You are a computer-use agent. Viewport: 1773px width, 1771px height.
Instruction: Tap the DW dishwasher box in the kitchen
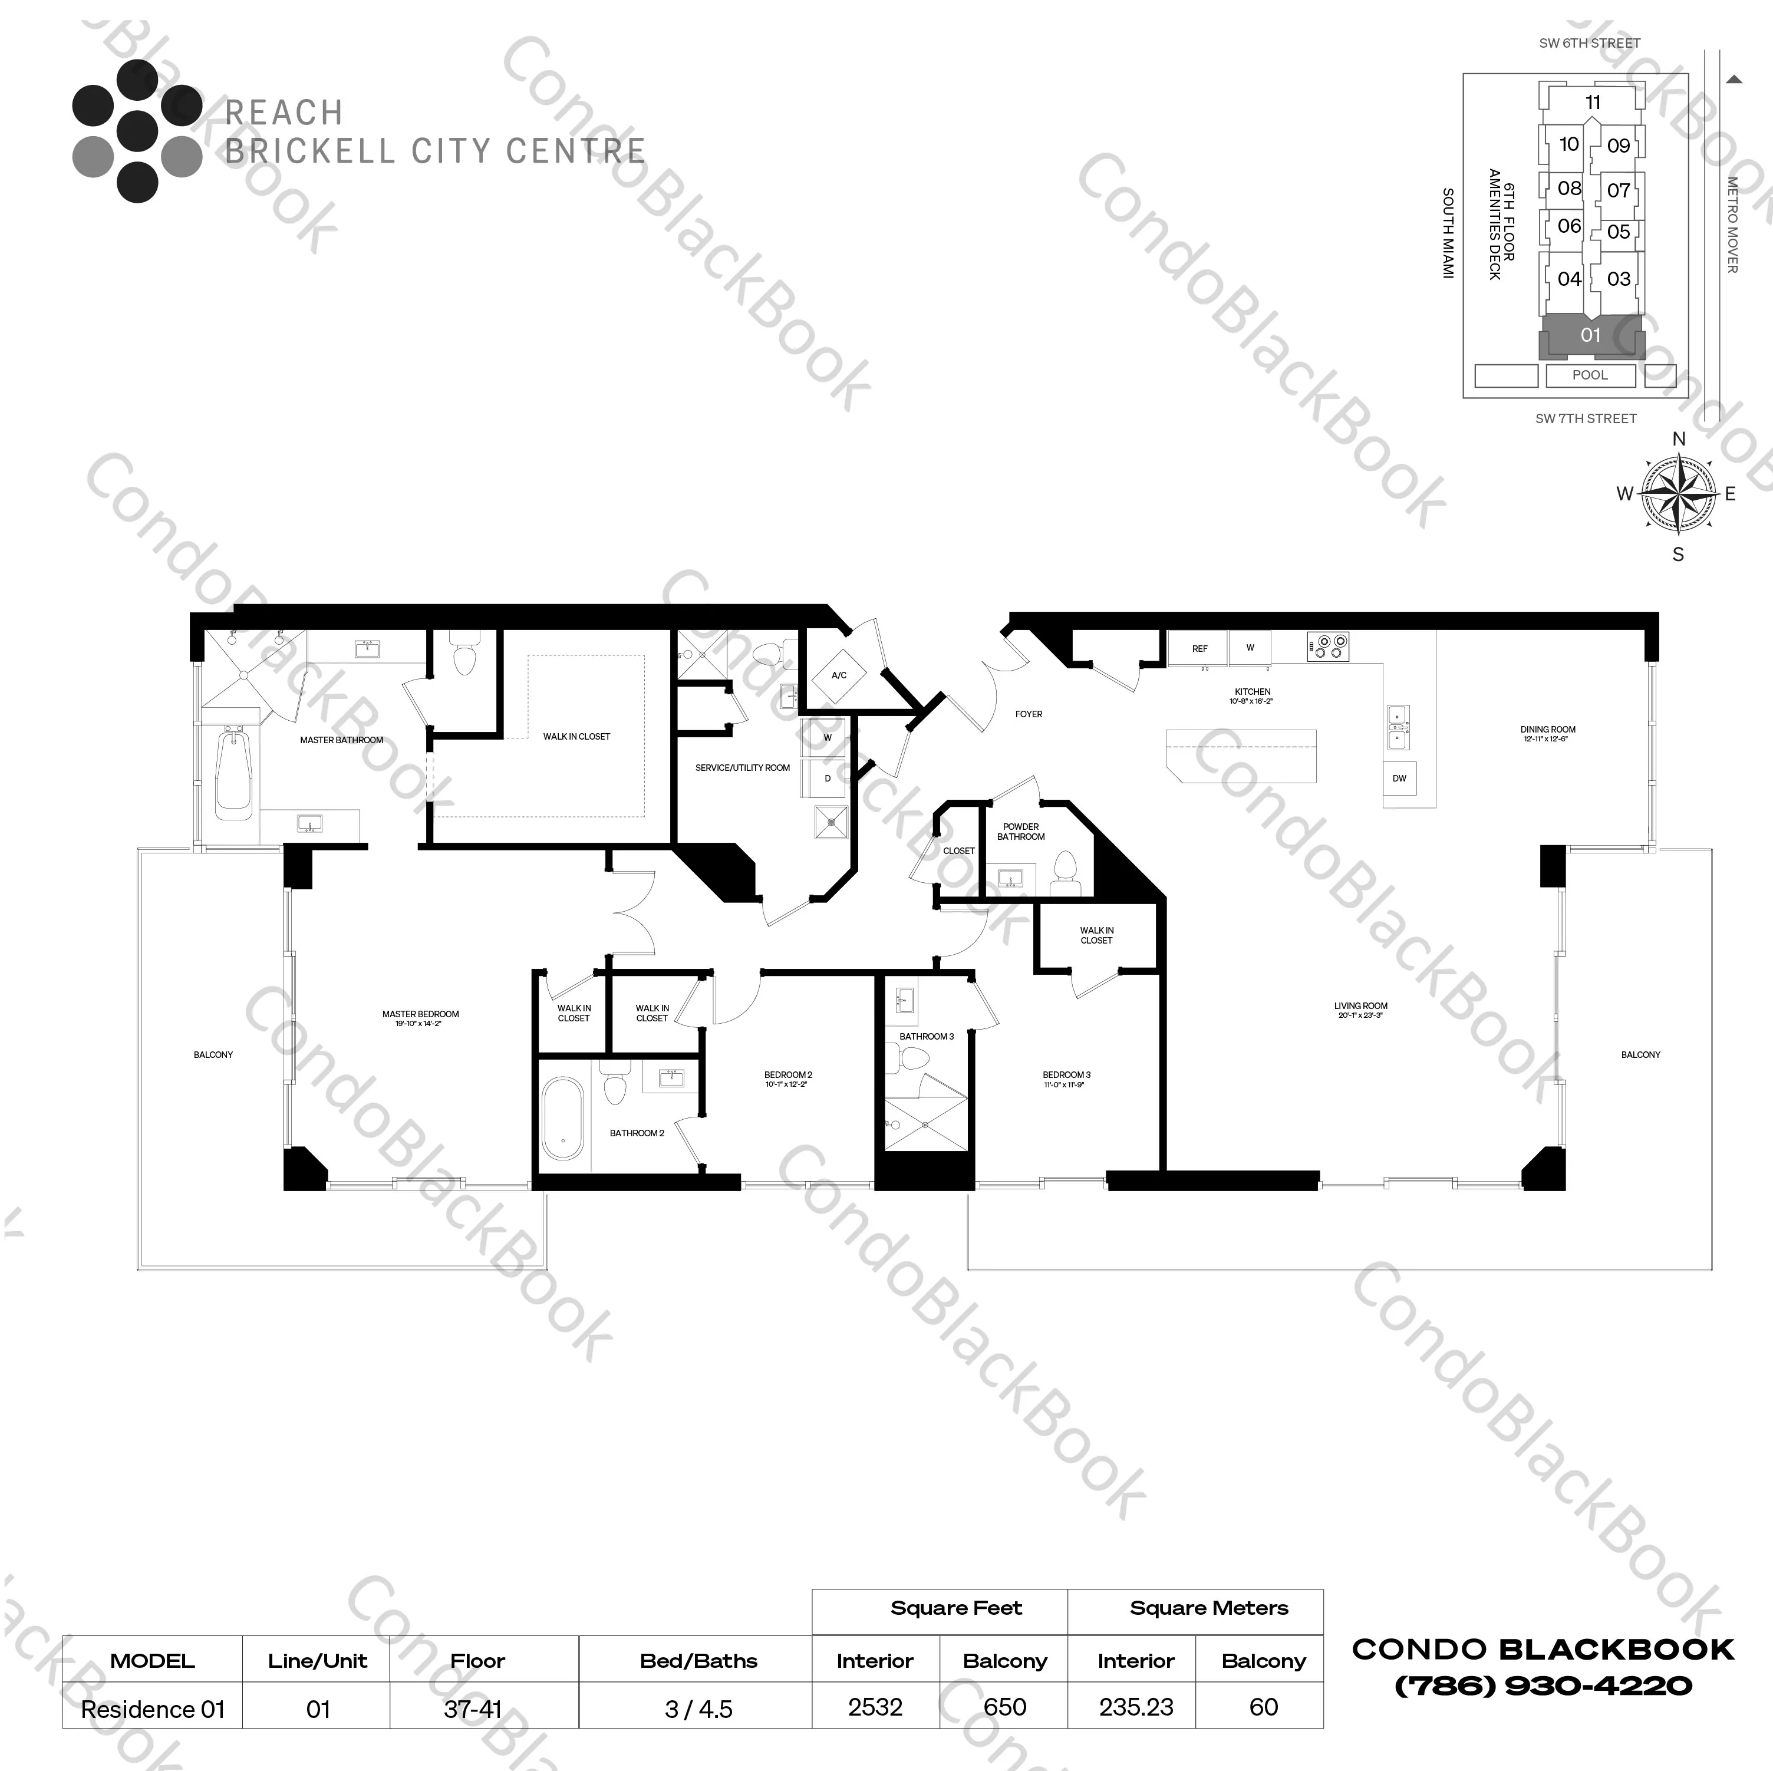(1399, 778)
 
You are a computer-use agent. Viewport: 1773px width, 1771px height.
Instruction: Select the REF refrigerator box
(1199, 648)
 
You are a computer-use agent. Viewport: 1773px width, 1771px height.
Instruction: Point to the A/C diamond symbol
(839, 675)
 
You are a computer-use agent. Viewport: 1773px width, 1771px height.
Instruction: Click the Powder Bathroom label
(1020, 832)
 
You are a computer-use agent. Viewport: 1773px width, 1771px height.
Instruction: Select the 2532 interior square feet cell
(875, 1707)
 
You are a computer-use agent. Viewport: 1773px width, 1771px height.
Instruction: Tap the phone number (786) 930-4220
(1543, 1686)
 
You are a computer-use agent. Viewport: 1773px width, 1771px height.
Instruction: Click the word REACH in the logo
(284, 113)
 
